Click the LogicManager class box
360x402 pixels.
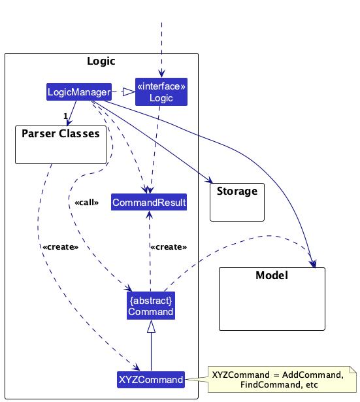click(79, 92)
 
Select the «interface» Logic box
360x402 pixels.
click(161, 92)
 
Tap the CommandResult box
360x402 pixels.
click(149, 202)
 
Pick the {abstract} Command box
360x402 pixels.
click(151, 306)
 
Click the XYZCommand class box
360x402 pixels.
click(151, 380)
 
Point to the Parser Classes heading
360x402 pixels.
click(61, 134)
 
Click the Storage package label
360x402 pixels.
click(237, 192)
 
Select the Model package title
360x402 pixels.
click(272, 275)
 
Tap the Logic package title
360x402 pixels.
click(101, 61)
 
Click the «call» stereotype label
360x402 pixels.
click(87, 203)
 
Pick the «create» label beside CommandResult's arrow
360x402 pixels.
click(169, 247)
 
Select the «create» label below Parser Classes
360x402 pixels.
click(61, 247)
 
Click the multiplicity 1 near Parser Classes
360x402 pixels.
click(65, 116)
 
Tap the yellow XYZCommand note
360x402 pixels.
click(282, 379)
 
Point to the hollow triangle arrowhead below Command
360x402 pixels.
click(151, 326)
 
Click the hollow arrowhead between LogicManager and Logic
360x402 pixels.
click(129, 92)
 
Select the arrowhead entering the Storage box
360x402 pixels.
click(209, 180)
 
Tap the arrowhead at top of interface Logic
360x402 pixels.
click(161, 74)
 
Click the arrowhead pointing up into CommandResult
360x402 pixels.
click(149, 215)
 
